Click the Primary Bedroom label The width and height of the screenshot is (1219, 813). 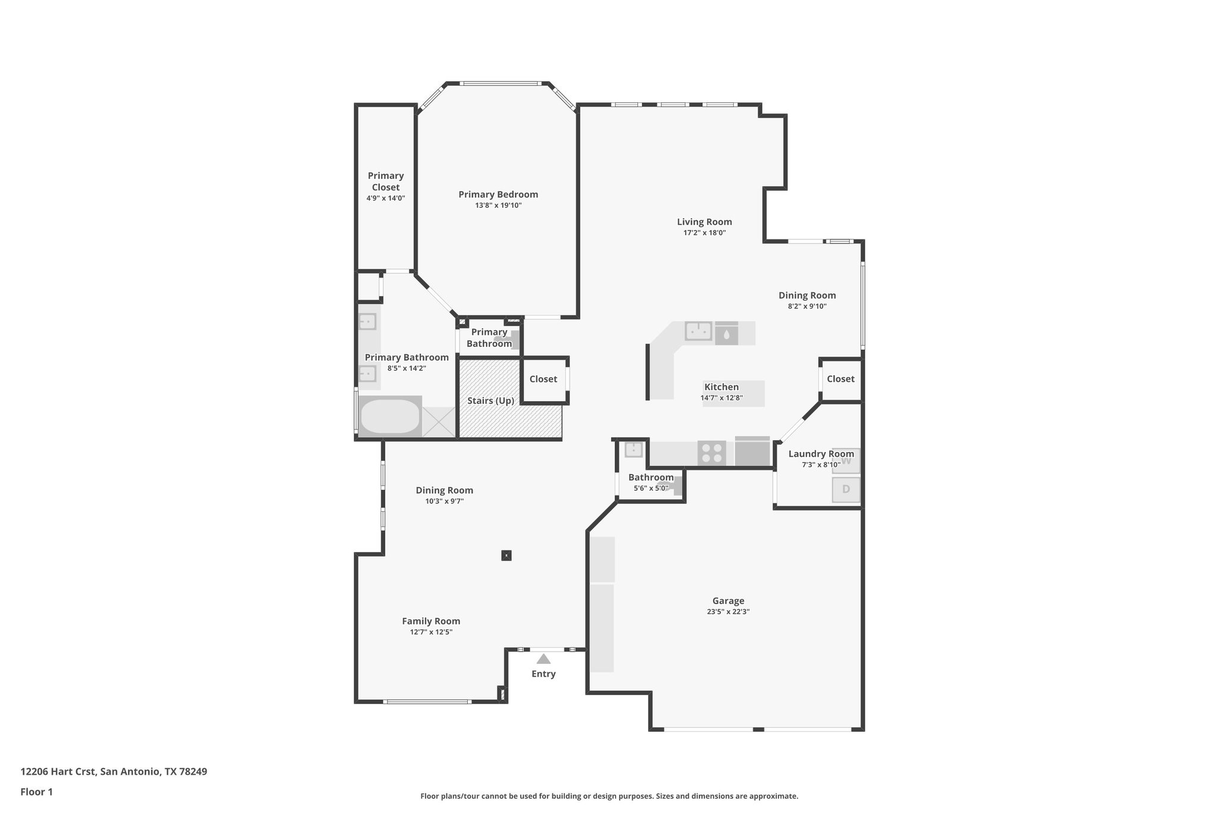pos(498,194)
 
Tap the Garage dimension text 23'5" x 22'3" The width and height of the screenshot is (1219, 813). pos(728,612)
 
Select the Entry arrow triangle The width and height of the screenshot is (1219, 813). pos(543,659)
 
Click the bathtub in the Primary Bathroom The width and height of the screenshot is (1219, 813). pos(390,416)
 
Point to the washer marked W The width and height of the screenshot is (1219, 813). pos(846,460)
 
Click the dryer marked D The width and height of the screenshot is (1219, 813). pos(846,490)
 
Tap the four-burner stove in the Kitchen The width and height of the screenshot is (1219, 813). pos(711,453)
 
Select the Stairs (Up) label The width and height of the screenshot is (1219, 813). pos(490,401)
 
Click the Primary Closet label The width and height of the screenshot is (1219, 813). pos(386,181)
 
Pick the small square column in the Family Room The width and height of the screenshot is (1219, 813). pos(506,556)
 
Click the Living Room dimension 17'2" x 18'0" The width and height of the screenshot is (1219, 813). pos(704,233)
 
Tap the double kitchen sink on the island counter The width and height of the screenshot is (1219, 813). pos(699,331)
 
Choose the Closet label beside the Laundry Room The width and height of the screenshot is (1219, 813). pos(840,379)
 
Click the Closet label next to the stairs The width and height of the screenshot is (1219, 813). pos(543,379)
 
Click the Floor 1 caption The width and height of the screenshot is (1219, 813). pos(36,792)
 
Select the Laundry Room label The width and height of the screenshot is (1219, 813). pos(821,454)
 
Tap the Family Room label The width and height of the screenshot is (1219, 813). pos(431,621)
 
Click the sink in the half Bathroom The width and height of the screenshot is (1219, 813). pos(633,450)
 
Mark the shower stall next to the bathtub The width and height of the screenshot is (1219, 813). pos(439,422)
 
